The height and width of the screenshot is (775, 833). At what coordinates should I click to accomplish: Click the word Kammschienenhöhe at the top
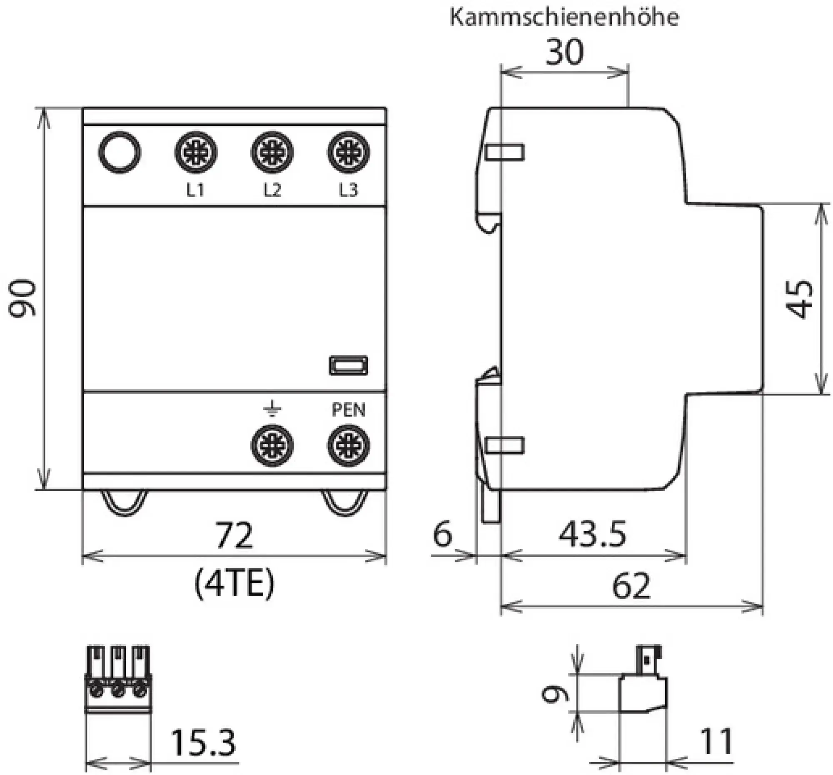(564, 17)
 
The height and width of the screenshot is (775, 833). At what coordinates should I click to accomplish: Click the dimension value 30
(564, 52)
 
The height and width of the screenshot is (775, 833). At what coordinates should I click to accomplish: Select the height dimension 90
(23, 298)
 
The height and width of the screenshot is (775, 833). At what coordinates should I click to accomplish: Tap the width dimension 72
(234, 535)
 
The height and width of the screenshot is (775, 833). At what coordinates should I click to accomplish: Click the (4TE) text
(234, 584)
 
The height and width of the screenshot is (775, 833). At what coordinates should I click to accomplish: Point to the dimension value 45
(799, 298)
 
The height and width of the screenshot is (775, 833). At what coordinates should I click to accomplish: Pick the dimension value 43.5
(592, 534)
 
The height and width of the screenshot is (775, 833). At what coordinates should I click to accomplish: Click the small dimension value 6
(442, 534)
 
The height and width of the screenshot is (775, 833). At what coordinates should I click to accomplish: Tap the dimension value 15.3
(203, 743)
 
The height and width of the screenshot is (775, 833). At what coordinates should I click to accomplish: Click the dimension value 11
(716, 742)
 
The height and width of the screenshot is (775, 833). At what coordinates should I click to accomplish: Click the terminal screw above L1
(196, 152)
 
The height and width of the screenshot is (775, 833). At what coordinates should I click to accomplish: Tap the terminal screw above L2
(272, 152)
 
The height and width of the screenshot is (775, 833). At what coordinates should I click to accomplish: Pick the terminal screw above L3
(348, 152)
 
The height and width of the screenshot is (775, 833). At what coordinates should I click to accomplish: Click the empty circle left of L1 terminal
(120, 152)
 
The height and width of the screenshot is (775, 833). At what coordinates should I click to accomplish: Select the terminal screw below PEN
(348, 445)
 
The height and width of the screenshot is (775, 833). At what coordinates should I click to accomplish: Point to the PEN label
(348, 410)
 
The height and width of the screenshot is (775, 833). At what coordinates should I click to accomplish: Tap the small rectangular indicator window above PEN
(349, 365)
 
